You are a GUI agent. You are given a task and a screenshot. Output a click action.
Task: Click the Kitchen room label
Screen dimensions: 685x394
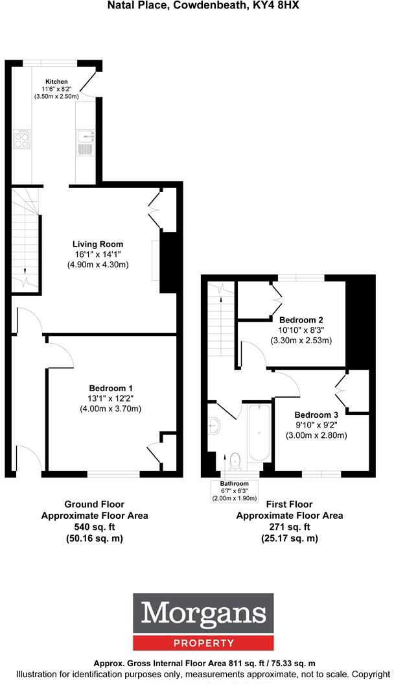pyautogui.click(x=56, y=82)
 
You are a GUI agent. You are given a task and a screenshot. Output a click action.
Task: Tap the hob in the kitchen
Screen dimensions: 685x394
pyautogui.click(x=21, y=139)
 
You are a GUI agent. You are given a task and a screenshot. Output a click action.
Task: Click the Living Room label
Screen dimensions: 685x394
pyautogui.click(x=98, y=245)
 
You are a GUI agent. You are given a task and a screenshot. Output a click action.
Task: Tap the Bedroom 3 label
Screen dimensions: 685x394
pyautogui.click(x=316, y=415)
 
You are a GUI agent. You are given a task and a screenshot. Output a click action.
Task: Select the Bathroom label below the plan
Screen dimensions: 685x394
pyautogui.click(x=234, y=484)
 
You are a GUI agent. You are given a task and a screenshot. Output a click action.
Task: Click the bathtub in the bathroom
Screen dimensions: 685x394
pyautogui.click(x=258, y=435)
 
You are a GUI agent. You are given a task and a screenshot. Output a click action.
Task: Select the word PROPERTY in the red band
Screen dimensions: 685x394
pyautogui.click(x=203, y=643)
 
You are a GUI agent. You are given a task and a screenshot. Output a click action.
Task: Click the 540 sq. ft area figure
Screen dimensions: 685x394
pyautogui.click(x=95, y=527)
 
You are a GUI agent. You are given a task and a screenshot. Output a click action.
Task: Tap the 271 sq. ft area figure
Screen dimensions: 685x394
pyautogui.click(x=289, y=527)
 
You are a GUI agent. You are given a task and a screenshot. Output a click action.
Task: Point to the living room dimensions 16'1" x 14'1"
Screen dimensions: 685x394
pyautogui.click(x=98, y=255)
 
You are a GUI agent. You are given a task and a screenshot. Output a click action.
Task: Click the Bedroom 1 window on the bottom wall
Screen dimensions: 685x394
pyautogui.click(x=114, y=475)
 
